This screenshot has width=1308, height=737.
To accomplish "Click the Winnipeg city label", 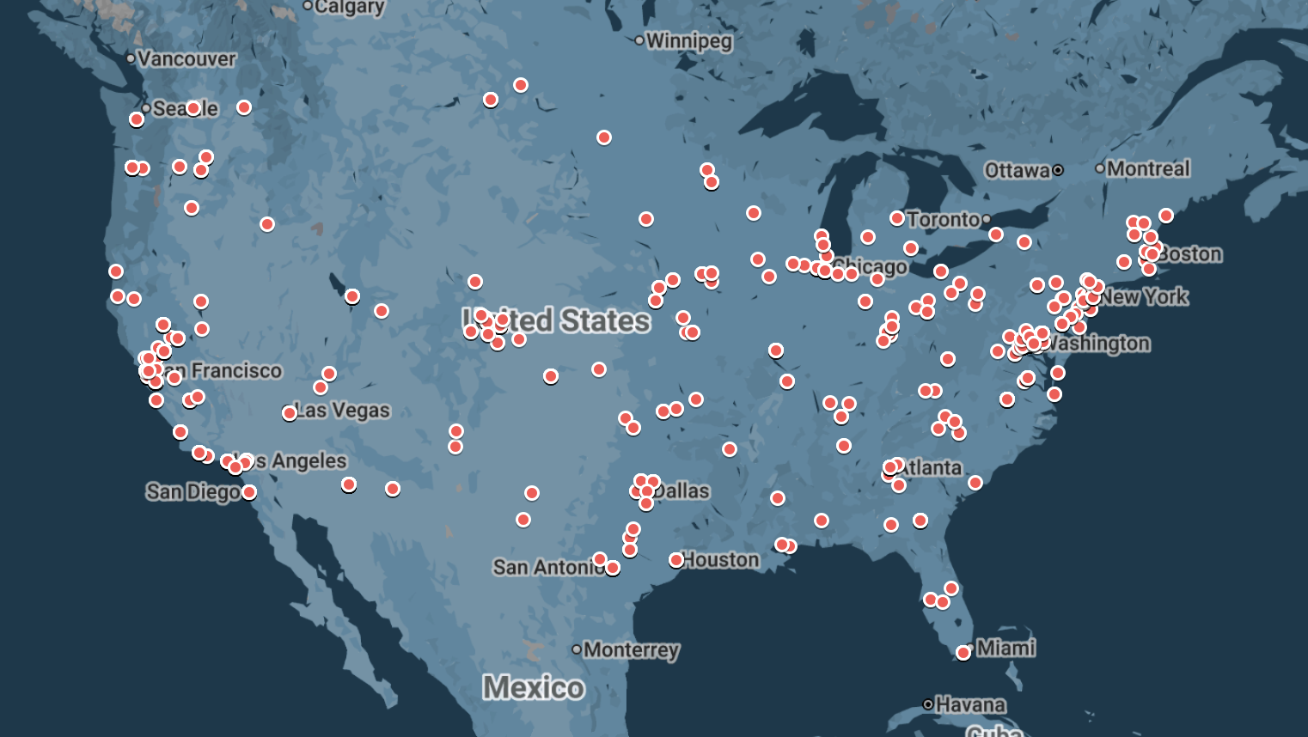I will (688, 40).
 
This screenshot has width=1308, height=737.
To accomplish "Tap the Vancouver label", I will (186, 58).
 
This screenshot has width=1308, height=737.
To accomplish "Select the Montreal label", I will (1148, 168).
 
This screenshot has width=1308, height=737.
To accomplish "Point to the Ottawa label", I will (1017, 170).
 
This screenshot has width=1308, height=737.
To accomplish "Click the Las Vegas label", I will (343, 411).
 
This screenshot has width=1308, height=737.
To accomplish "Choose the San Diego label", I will (193, 491).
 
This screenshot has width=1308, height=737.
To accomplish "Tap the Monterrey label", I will (631, 649).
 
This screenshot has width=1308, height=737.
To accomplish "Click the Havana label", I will (970, 705).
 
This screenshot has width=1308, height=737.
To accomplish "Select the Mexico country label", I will (533, 687).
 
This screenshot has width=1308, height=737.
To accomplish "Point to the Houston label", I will (721, 560).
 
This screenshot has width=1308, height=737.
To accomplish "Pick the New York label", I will (1145, 297).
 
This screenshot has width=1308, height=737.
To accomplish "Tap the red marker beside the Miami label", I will (963, 653).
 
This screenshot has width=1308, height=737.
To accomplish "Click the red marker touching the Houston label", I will (676, 560).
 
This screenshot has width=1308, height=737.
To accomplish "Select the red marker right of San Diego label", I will (249, 492).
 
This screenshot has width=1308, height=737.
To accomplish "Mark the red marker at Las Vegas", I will (290, 413).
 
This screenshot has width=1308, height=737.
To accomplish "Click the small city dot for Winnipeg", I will (639, 40).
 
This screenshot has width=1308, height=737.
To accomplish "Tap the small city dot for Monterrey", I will (577, 649).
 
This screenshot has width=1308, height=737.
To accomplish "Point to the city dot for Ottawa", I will (1058, 170).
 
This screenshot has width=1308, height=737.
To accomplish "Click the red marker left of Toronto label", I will (897, 218).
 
